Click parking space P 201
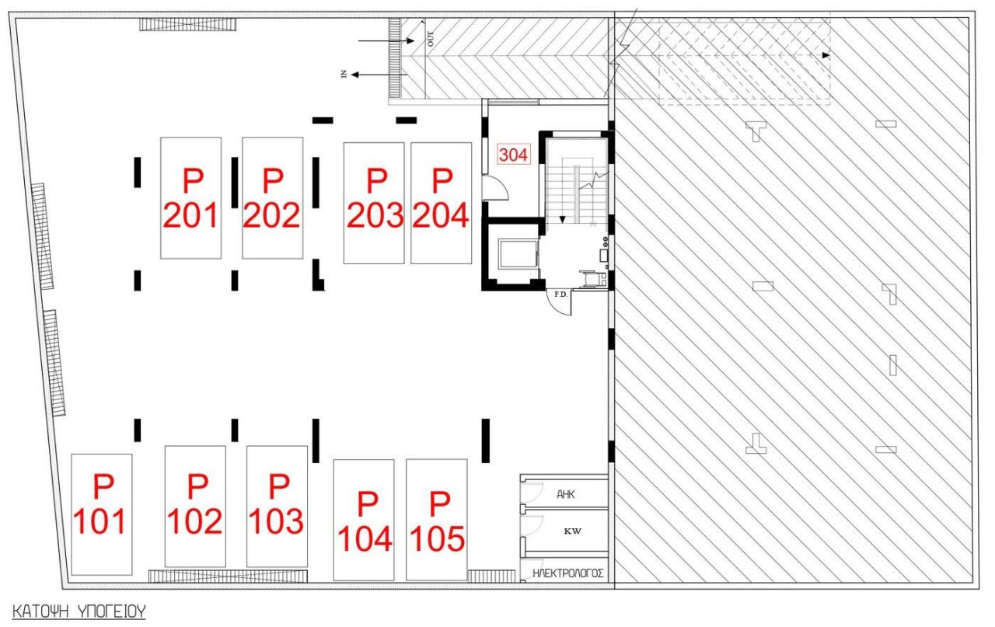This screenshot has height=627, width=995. coord(191,197)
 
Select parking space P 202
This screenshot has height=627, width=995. coord(272,197)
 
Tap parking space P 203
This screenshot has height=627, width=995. coord(375,202)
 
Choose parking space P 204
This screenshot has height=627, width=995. coord(441,202)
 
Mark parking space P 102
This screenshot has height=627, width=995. coord(196,506)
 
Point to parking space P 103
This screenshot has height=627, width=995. coord(277,506)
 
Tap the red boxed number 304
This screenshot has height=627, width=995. coord(513,155)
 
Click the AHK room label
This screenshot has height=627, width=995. coord(566,493)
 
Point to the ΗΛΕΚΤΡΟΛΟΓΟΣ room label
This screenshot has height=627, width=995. coord(569,574)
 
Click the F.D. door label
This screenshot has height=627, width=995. coord(560,294)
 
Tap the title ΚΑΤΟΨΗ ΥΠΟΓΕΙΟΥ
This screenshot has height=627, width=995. coord(79,610)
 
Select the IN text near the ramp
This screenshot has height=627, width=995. coord(343,75)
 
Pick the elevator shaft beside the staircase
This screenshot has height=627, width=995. coord(514,253)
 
